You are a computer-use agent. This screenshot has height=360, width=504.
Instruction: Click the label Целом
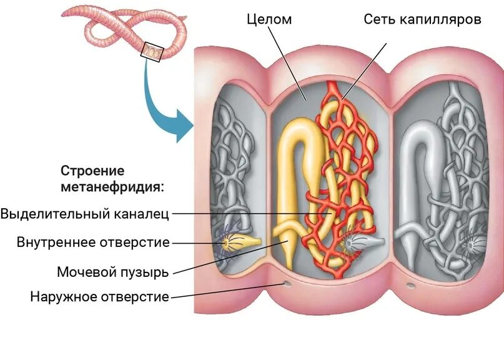[x=269, y=19]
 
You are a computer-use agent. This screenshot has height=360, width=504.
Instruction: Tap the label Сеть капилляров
[x=423, y=19]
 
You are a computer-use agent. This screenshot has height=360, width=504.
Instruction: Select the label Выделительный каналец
[x=85, y=214]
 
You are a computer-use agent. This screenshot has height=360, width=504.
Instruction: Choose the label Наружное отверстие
[x=100, y=296]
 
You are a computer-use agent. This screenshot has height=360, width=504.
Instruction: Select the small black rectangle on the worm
[x=152, y=52]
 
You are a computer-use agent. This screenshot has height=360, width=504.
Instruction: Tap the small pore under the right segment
[x=411, y=286]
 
